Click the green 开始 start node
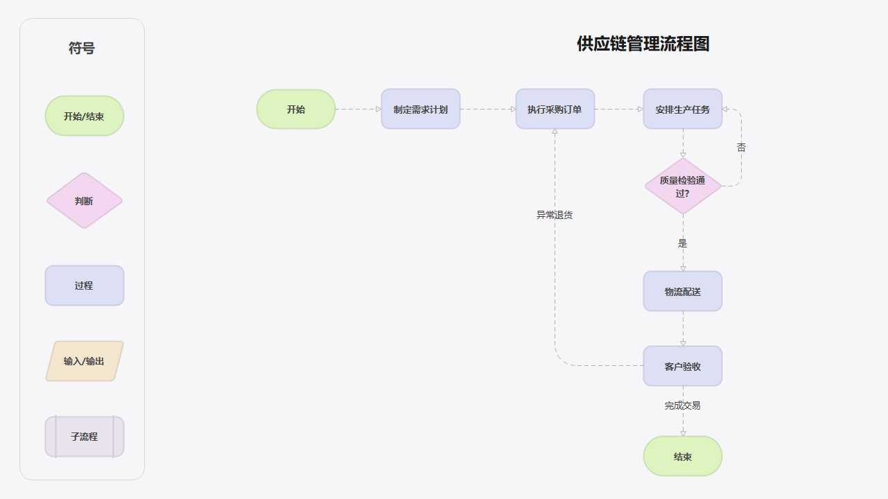296,110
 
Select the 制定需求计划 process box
421,110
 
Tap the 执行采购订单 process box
555,110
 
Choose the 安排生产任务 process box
683,110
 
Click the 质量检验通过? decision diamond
683,186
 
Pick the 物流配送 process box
683,292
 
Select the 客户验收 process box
683,366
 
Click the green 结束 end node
683,457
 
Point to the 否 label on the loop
741,148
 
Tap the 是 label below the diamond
683,243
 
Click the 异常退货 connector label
555,215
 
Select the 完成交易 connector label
683,405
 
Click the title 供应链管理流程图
643,44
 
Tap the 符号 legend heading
82,49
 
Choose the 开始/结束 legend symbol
85,116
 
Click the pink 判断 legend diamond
85,201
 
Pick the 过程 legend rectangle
85,286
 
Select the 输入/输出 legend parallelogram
85,361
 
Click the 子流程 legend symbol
85,437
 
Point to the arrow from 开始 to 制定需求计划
358,110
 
